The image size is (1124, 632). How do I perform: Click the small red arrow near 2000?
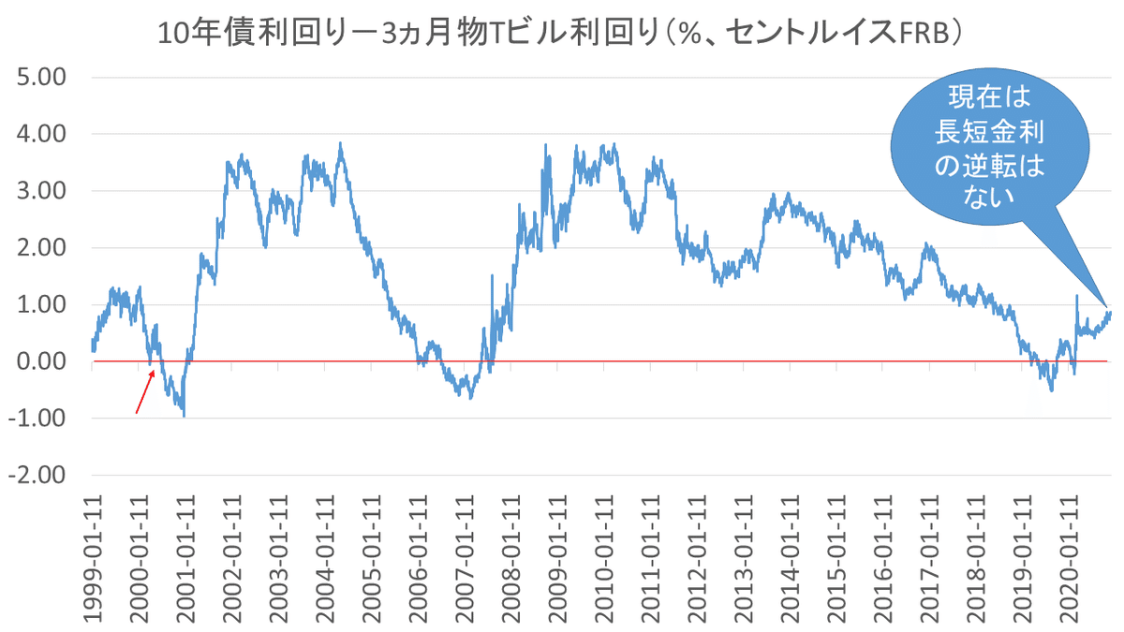145,391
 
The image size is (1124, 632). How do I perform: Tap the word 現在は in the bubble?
990,99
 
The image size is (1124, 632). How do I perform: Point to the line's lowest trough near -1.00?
184,416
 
